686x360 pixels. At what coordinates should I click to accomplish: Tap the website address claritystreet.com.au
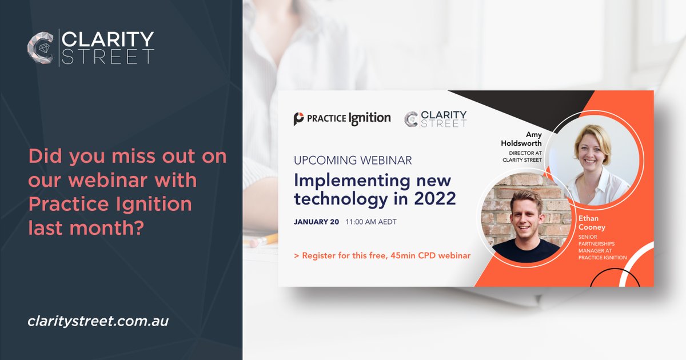click(98, 321)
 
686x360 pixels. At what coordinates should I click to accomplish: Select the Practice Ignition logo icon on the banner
click(299, 119)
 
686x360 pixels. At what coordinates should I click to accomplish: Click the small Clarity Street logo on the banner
click(436, 119)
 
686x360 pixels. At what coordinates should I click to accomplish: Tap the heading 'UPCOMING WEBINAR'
click(353, 160)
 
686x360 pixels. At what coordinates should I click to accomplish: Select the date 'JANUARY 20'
click(317, 222)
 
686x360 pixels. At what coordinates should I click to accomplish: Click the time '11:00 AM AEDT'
click(371, 222)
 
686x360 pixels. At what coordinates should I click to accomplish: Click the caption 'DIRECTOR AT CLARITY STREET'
click(521, 157)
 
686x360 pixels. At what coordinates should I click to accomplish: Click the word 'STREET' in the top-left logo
click(107, 57)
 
